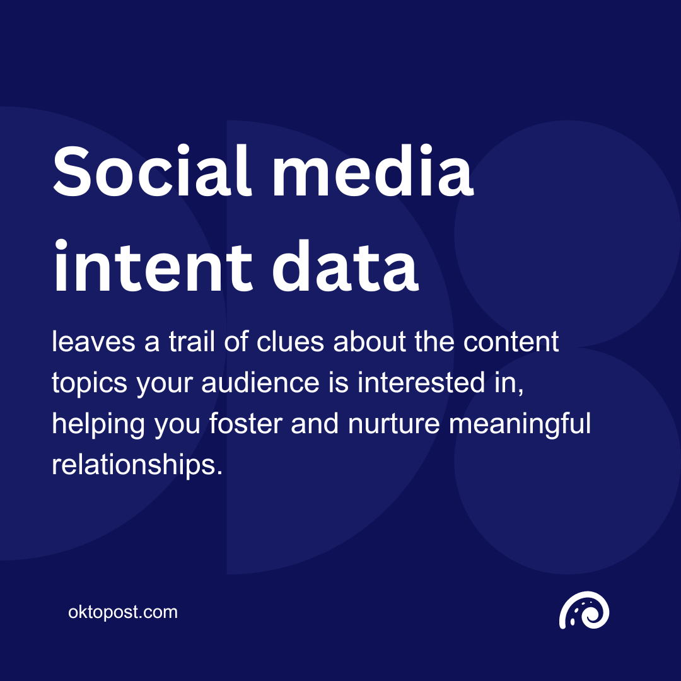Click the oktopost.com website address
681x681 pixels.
[x=123, y=612]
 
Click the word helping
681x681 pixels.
[x=98, y=425]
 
